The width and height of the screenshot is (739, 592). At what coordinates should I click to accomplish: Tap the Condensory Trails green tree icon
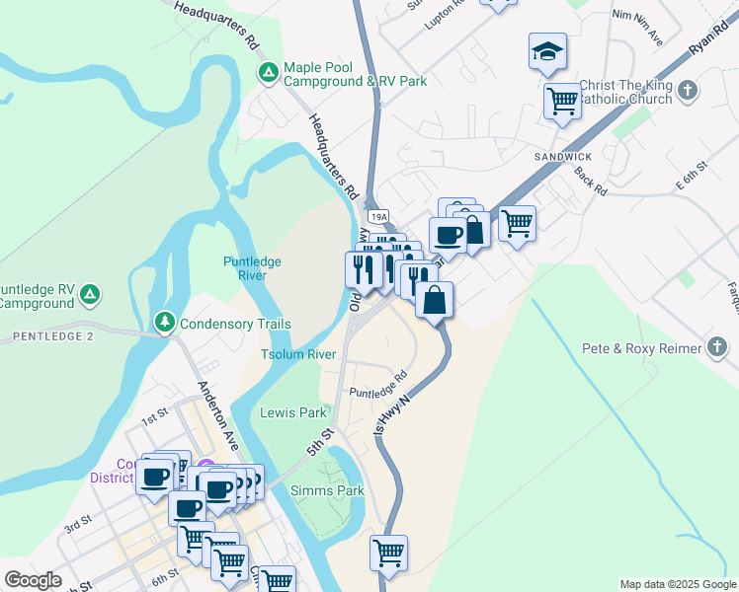point(164,323)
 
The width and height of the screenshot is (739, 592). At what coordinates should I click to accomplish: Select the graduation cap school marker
point(547,52)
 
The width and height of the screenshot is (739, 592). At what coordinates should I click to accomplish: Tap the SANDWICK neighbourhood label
point(563,157)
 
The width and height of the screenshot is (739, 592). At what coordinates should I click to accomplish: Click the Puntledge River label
point(252,268)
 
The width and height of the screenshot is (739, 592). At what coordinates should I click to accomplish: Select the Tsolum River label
point(298,354)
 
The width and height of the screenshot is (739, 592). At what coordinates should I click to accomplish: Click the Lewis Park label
point(292,412)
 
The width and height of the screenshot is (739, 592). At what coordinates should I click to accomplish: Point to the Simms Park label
point(327,490)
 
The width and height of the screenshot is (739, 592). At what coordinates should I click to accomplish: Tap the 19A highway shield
point(378,215)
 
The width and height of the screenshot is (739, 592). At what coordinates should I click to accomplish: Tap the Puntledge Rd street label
point(378,384)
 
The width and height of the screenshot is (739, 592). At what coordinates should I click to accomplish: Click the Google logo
point(33,580)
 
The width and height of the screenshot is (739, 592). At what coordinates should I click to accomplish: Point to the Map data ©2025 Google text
point(678,584)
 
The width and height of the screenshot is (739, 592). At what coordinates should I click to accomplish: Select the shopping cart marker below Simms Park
point(389,553)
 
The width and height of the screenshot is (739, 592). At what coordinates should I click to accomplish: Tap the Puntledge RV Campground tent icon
point(89,293)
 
